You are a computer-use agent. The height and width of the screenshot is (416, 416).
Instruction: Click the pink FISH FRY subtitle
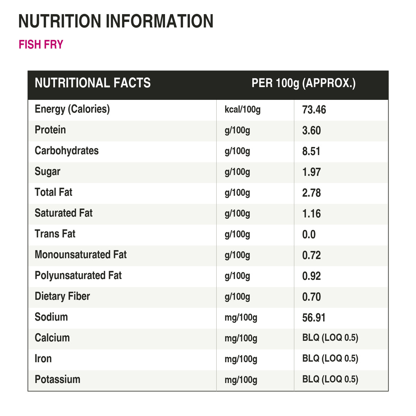41,44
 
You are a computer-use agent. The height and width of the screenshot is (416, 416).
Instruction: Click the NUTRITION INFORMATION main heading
116,21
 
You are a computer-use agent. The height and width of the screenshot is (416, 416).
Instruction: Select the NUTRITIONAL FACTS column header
93,83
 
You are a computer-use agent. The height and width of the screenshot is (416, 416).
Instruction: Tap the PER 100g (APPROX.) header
303,83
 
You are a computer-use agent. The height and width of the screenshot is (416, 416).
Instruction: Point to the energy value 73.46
314,110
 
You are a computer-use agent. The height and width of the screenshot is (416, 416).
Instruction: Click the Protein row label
50,130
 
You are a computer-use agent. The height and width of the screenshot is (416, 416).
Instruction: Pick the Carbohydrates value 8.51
311,151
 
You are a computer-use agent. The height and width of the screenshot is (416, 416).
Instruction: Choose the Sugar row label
47,172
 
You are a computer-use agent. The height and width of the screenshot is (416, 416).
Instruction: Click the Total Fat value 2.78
312,192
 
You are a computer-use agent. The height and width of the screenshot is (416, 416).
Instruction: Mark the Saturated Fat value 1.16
312,214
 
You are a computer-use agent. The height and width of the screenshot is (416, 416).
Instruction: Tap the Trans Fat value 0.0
309,234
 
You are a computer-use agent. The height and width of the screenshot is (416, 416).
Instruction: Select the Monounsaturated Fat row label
81,254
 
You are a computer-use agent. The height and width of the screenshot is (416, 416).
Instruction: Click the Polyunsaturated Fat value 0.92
312,276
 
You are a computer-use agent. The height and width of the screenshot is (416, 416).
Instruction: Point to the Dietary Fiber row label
62,296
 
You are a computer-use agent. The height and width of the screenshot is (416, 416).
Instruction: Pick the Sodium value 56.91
314,318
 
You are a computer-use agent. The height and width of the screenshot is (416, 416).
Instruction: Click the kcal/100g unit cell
243,110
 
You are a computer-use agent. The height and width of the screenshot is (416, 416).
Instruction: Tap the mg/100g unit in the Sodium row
241,318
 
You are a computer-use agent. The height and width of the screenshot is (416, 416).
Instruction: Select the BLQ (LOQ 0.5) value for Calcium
330,338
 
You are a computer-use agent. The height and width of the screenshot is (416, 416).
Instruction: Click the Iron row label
43,358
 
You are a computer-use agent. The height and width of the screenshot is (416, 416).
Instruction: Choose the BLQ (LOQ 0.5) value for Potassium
330,379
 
